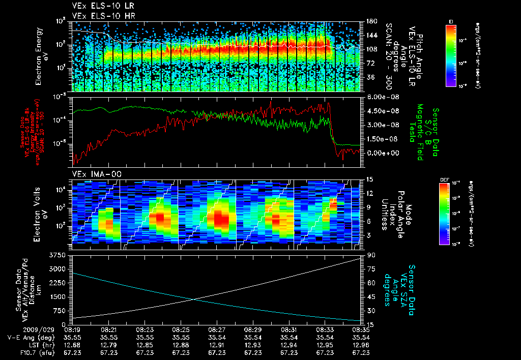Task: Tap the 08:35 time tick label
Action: pyautogui.click(x=361, y=329)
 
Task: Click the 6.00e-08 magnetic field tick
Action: pyautogui.click(x=379, y=97)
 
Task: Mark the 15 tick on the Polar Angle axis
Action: pyautogui.click(x=368, y=179)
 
